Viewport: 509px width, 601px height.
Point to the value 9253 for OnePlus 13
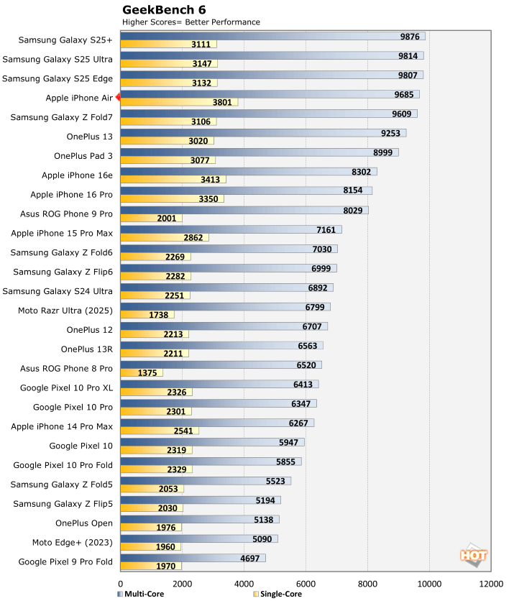[393, 133]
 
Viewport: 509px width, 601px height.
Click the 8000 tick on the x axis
[367, 583]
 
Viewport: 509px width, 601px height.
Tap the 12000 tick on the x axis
[490, 583]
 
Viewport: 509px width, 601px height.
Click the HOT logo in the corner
[473, 555]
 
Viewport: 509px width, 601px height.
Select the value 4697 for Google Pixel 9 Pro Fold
[252, 558]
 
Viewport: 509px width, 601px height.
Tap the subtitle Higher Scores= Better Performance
[191, 22]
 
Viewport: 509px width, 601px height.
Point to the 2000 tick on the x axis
[182, 583]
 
